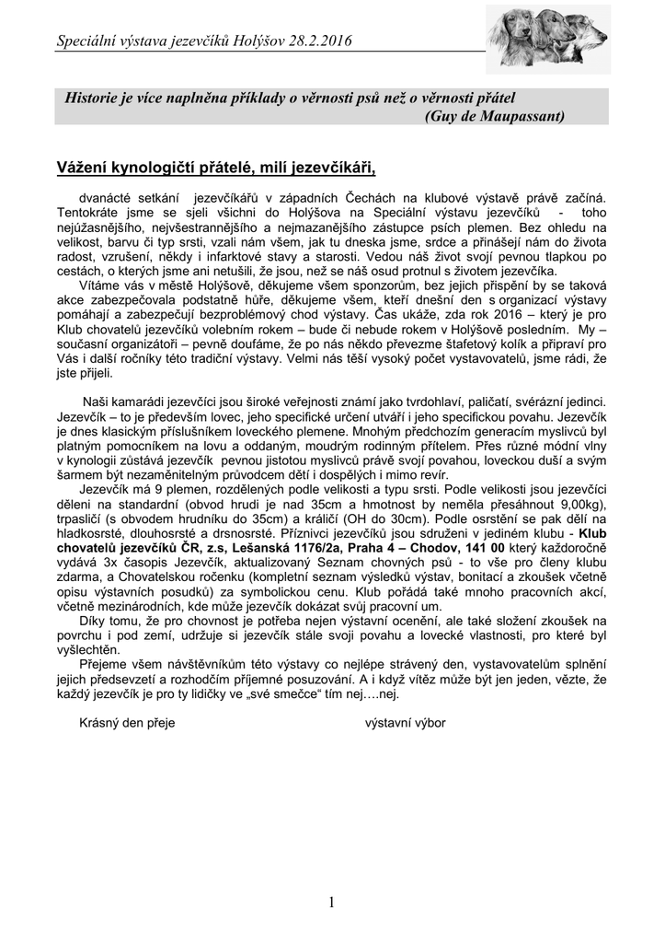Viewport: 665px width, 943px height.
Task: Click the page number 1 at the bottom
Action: pyautogui.click(x=331, y=902)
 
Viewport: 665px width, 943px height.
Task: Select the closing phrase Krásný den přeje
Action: pyautogui.click(x=127, y=723)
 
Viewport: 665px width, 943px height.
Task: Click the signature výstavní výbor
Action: pyautogui.click(x=406, y=723)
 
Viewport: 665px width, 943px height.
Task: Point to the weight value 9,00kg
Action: pyautogui.click(x=581, y=506)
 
